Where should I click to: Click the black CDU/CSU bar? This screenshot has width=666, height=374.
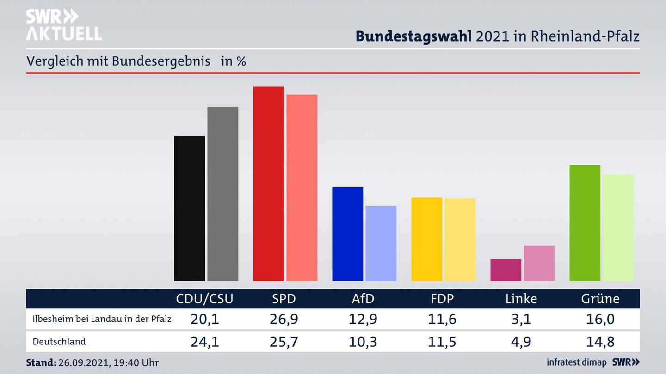pyautogui.click(x=189, y=208)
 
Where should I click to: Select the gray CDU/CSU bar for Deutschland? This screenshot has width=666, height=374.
pyautogui.click(x=222, y=193)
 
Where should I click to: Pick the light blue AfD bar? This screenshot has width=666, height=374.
pyautogui.click(x=381, y=243)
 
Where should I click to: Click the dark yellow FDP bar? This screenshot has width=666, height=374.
pyautogui.click(x=426, y=239)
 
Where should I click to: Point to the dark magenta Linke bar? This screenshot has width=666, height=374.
pyautogui.click(x=506, y=270)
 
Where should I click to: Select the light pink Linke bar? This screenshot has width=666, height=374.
pyautogui.click(x=539, y=263)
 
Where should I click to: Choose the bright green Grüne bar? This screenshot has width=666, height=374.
pyautogui.click(x=585, y=223)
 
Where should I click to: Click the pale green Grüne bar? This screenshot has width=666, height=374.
pyautogui.click(x=618, y=227)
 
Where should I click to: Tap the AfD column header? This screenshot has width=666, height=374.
pyautogui.click(x=363, y=299)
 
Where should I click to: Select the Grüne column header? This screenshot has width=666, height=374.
pyautogui.click(x=600, y=299)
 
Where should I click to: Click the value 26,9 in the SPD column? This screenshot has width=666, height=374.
pyautogui.click(x=284, y=319)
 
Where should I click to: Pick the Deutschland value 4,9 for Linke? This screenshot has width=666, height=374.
pyautogui.click(x=521, y=342)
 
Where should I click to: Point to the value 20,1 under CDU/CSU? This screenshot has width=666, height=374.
pyautogui.click(x=204, y=319)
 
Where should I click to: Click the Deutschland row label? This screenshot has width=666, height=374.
pyautogui.click(x=59, y=342)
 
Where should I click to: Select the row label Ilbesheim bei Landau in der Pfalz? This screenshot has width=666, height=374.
pyautogui.click(x=102, y=319)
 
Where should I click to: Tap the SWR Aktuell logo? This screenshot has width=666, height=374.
pyautogui.click(x=63, y=25)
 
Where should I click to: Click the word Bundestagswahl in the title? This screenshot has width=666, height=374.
pyautogui.click(x=413, y=36)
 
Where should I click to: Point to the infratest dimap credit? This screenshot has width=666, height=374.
pyautogui.click(x=576, y=362)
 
